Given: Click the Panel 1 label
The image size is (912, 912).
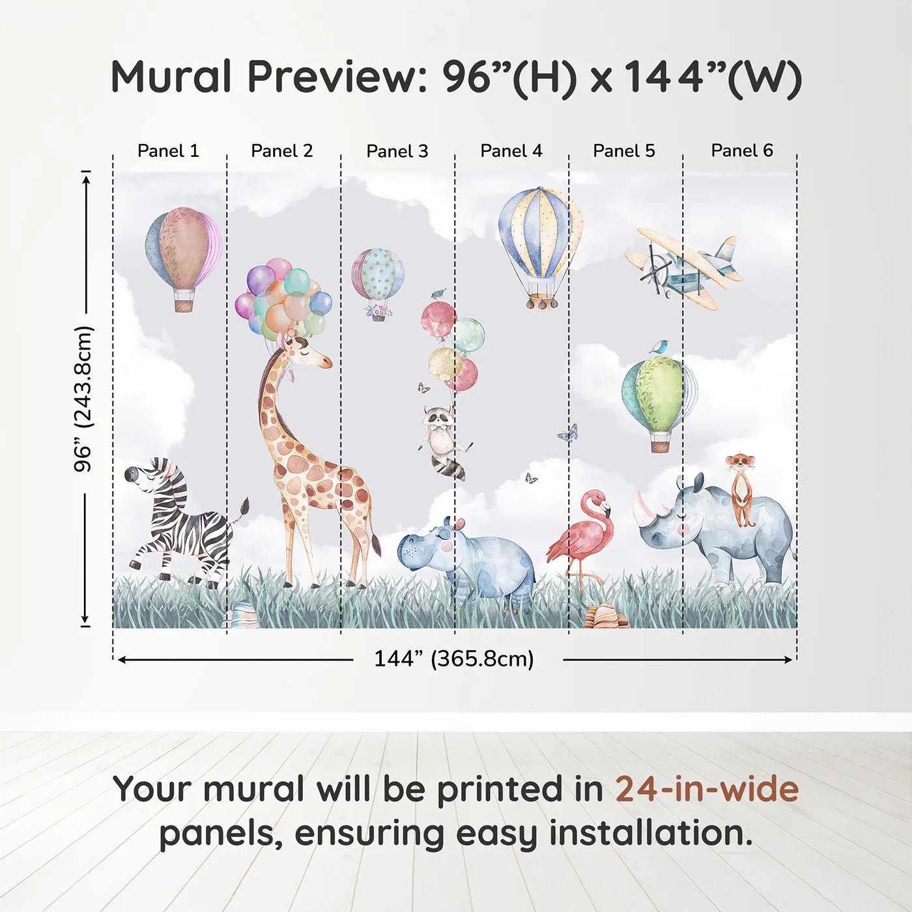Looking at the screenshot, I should pyautogui.click(x=168, y=151).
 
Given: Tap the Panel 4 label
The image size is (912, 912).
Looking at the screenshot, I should pyautogui.click(x=511, y=151).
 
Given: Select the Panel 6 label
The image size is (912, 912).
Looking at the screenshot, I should pyautogui.click(x=741, y=151).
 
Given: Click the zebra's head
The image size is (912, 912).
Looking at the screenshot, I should pyautogui.click(x=147, y=474).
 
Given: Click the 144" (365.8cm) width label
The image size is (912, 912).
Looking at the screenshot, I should pyautogui.click(x=454, y=659).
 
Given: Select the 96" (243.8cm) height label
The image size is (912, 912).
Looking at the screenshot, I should pyautogui.click(x=83, y=399).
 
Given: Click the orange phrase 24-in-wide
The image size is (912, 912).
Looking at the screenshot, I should pyautogui.click(x=707, y=790).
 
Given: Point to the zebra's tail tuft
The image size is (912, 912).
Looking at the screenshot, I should pyautogui.click(x=244, y=506).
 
